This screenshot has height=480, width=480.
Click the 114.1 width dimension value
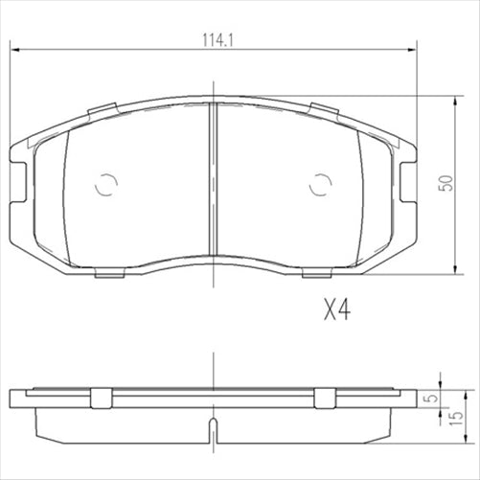coord(212,41)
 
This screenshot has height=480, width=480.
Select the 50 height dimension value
coord(442,183)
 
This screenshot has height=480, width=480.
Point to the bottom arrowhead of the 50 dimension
coord(454,270)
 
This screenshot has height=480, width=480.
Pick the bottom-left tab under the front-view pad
coord(112,274)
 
